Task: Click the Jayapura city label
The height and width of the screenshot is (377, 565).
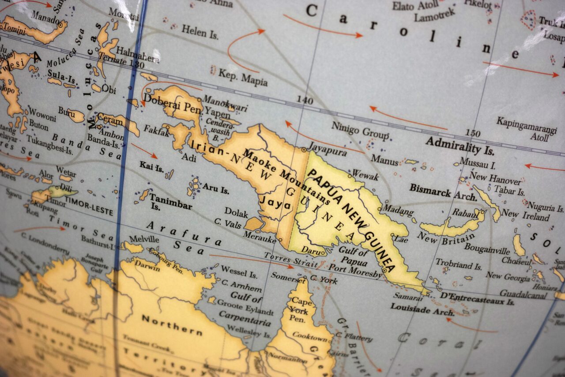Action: tap(327, 147)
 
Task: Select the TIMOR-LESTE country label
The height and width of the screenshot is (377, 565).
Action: tap(89, 207)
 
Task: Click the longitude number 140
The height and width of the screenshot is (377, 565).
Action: tap(304, 101)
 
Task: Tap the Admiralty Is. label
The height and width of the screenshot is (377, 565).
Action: tap(460, 146)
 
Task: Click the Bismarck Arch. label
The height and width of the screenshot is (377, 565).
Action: tap(443, 192)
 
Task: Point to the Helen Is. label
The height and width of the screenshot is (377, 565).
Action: tap(200, 32)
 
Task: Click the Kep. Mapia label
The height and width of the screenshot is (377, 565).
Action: tap(243, 78)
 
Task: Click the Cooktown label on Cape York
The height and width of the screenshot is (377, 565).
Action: tap(310, 336)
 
